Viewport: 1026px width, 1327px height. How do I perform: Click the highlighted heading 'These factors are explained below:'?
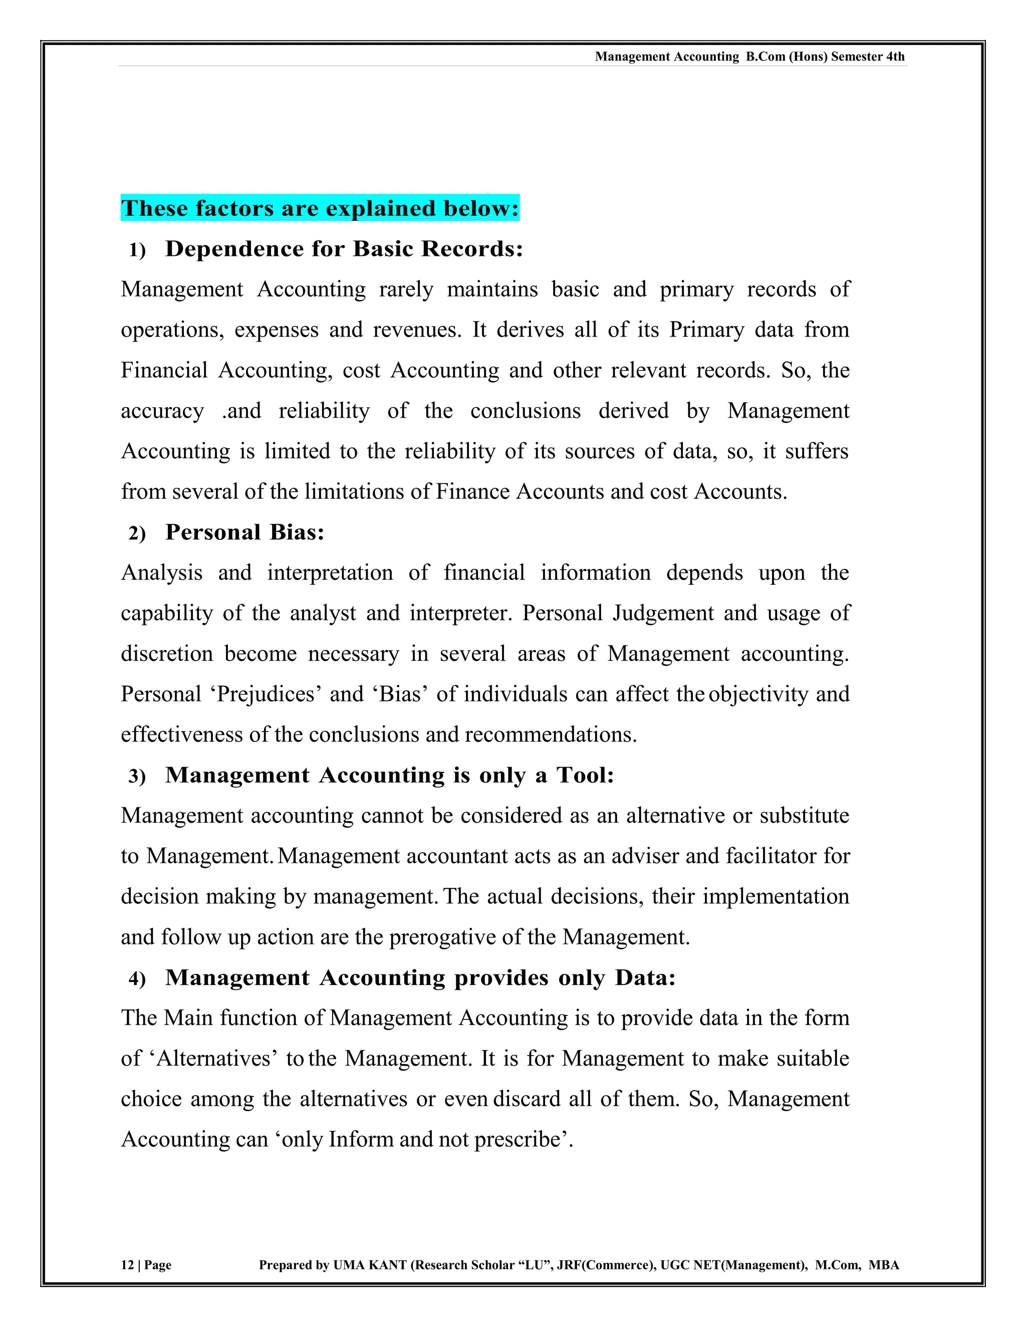coord(320,208)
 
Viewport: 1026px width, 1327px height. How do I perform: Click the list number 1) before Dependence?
coord(137,250)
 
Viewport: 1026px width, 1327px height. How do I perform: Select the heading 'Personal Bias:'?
coord(245,532)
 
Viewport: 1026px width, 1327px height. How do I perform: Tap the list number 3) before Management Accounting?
coord(137,777)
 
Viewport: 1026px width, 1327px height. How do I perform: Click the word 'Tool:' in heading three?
coord(585,775)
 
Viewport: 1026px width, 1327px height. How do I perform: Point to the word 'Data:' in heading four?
coord(645,977)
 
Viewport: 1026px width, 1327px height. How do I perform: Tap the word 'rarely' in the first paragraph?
coord(405,290)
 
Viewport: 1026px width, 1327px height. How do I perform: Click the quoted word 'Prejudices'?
coord(266,695)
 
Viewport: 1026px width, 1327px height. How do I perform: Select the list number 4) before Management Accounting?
coord(137,979)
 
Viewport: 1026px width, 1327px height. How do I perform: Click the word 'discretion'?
coord(166,654)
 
